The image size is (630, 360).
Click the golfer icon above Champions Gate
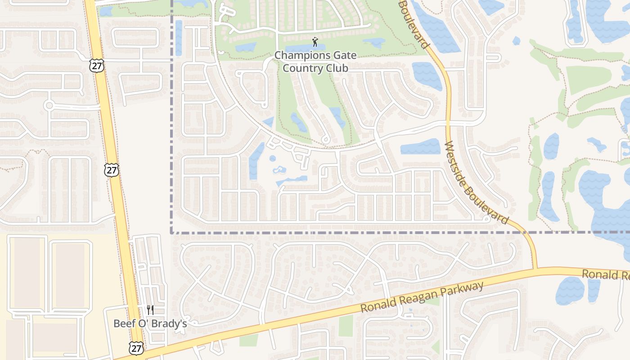click(315, 43)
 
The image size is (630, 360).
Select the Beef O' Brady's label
click(150, 323)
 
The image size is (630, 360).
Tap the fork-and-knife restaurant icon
click(150, 310)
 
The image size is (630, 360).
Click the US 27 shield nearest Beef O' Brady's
click(136, 347)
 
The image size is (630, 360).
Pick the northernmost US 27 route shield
click(97, 65)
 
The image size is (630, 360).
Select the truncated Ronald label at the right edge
click(605, 274)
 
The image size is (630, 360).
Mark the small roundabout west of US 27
click(49, 106)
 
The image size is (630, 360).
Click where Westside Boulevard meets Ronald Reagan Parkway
click(535, 269)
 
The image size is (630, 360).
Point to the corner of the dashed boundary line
click(172, 233)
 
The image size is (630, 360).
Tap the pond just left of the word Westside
click(420, 147)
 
